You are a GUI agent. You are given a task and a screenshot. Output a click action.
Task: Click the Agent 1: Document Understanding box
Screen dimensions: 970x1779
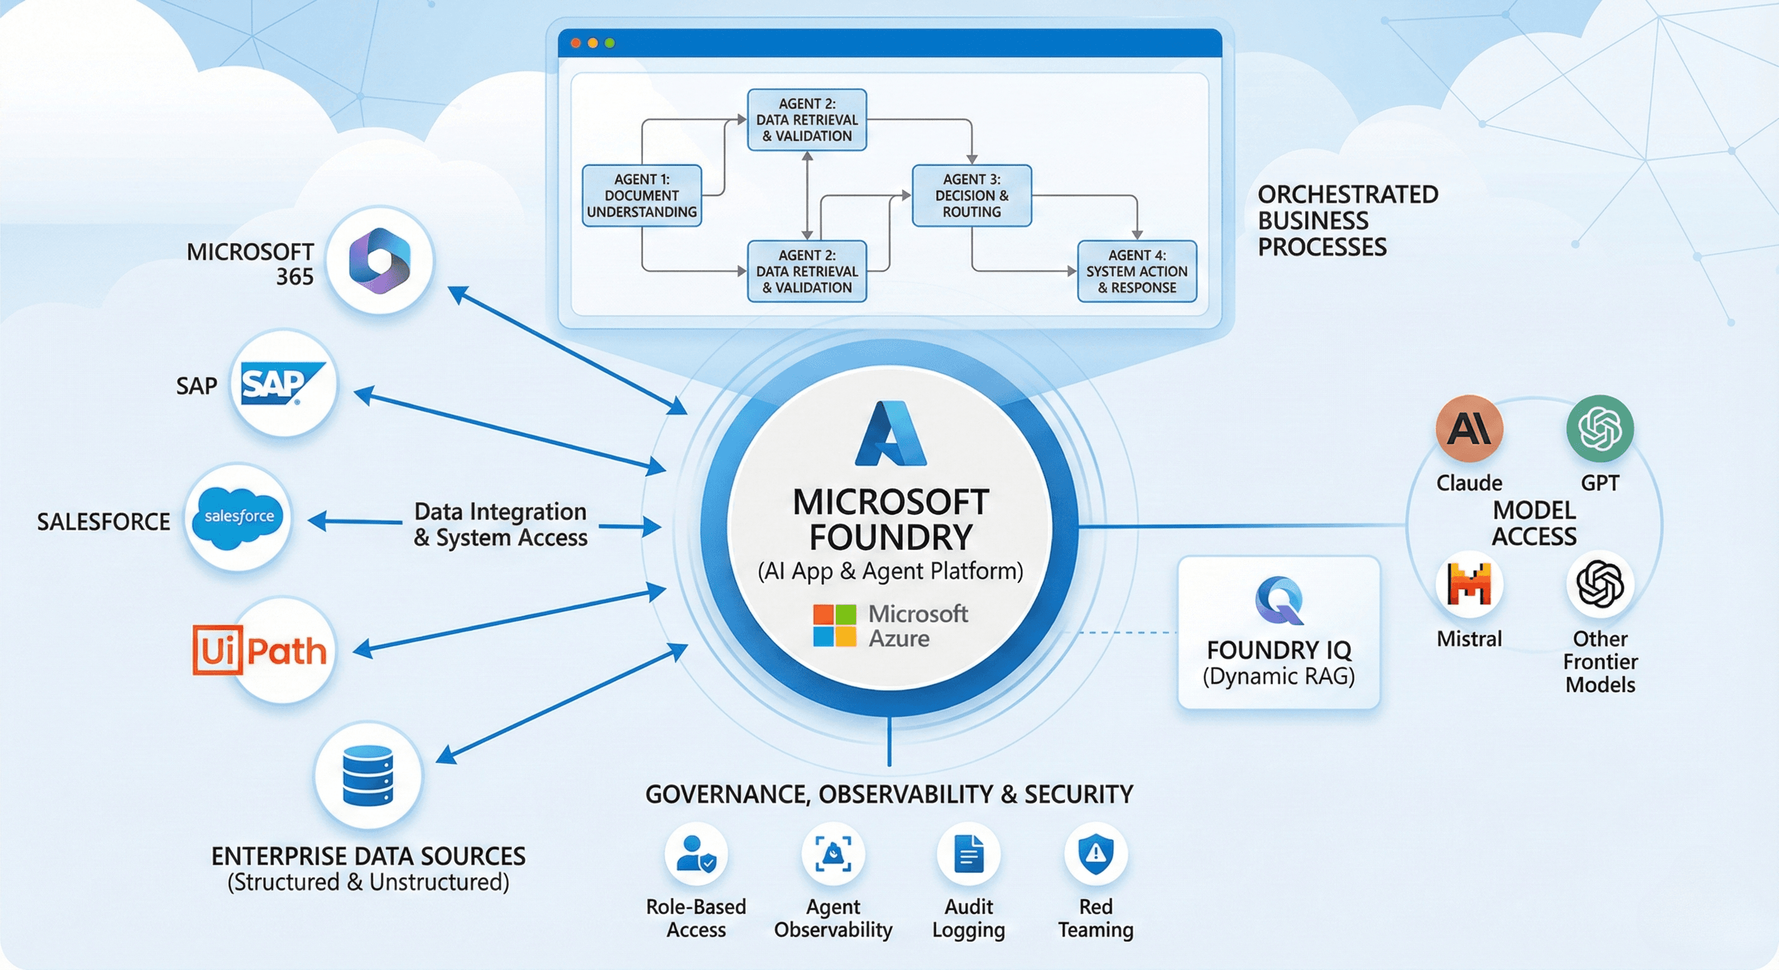(642, 195)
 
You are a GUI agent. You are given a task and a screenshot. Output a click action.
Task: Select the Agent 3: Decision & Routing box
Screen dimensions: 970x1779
(971, 195)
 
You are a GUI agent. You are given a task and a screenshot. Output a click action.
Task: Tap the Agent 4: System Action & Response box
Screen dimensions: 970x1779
(1136, 272)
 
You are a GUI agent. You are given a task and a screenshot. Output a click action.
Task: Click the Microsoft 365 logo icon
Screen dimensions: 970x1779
(379, 260)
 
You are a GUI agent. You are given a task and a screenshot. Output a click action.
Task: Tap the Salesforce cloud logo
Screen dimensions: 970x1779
(238, 517)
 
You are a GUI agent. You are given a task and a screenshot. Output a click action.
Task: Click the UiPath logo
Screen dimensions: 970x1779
(260, 650)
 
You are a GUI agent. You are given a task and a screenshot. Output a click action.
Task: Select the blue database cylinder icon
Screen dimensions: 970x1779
(368, 775)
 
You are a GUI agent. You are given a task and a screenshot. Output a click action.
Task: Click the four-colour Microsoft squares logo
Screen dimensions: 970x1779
(835, 625)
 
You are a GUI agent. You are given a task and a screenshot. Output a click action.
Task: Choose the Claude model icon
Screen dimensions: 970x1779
(1468, 429)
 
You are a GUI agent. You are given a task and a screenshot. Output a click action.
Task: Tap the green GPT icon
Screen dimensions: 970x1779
(1600, 429)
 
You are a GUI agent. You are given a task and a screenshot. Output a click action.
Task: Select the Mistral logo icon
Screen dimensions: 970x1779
(1468, 584)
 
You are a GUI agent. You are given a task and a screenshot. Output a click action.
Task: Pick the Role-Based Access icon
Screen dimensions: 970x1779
(696, 853)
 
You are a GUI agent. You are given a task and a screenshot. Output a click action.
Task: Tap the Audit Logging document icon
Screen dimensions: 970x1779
(968, 854)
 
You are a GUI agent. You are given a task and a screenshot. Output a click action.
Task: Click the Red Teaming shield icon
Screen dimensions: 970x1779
(1095, 853)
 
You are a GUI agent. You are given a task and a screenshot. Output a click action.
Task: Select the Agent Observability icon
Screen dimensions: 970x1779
(833, 854)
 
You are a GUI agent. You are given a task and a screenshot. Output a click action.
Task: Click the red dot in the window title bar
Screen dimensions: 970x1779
(576, 43)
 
